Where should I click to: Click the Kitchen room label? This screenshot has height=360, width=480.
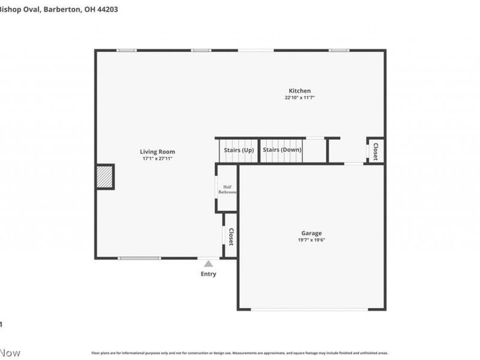coord(300,91)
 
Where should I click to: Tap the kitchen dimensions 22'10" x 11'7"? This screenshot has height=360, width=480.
coord(300,97)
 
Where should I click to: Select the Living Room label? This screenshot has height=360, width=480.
coord(158,152)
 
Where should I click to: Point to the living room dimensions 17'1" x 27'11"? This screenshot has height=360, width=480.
coord(158,159)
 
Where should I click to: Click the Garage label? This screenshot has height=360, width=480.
coord(311,233)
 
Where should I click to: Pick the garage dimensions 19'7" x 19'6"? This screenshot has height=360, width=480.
coord(311,239)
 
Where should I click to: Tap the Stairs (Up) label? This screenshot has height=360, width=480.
coord(238,149)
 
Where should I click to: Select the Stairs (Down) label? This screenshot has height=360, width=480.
coord(282,149)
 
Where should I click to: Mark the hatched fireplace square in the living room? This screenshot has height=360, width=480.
coord(105,177)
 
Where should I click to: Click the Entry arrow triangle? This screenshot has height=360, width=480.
coord(208,263)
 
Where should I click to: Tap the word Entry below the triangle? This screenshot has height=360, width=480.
coord(208,274)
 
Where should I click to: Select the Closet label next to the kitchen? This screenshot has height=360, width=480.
coord(376,150)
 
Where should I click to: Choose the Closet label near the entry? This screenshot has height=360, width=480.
coord(230,236)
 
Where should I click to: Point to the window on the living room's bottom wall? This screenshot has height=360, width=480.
coord(139,258)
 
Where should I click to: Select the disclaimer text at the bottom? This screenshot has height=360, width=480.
coord(240,353)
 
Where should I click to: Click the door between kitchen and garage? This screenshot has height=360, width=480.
coord(353,163)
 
